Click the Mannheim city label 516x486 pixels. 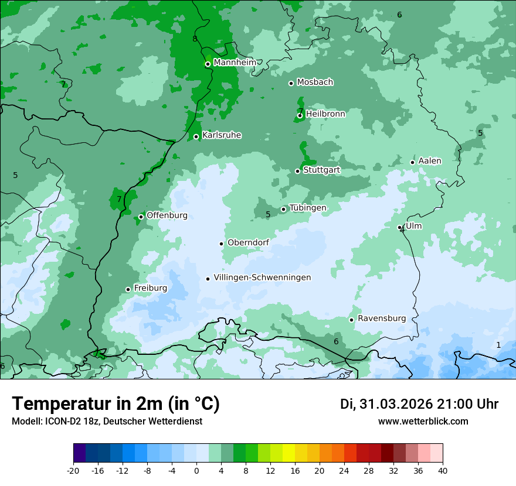235,63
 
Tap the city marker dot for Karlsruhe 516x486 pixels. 196,136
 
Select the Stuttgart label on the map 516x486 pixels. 321,170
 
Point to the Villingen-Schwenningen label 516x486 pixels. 262,278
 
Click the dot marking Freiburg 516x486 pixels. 128,289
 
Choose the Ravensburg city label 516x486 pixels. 382,319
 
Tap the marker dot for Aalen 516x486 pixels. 412,162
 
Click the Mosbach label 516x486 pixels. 315,83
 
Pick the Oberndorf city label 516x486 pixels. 248,242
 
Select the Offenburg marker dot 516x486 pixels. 141,217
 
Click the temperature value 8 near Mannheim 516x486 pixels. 195,39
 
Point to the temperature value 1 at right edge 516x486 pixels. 498,345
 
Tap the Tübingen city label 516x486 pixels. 308,208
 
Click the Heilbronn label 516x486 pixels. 325,114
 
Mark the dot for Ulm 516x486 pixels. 400,227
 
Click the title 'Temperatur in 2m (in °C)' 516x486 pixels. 116,404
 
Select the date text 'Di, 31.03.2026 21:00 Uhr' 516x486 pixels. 419,404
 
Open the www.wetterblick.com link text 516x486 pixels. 423,422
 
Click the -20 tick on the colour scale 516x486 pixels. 73,470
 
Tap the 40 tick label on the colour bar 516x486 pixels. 442,470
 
